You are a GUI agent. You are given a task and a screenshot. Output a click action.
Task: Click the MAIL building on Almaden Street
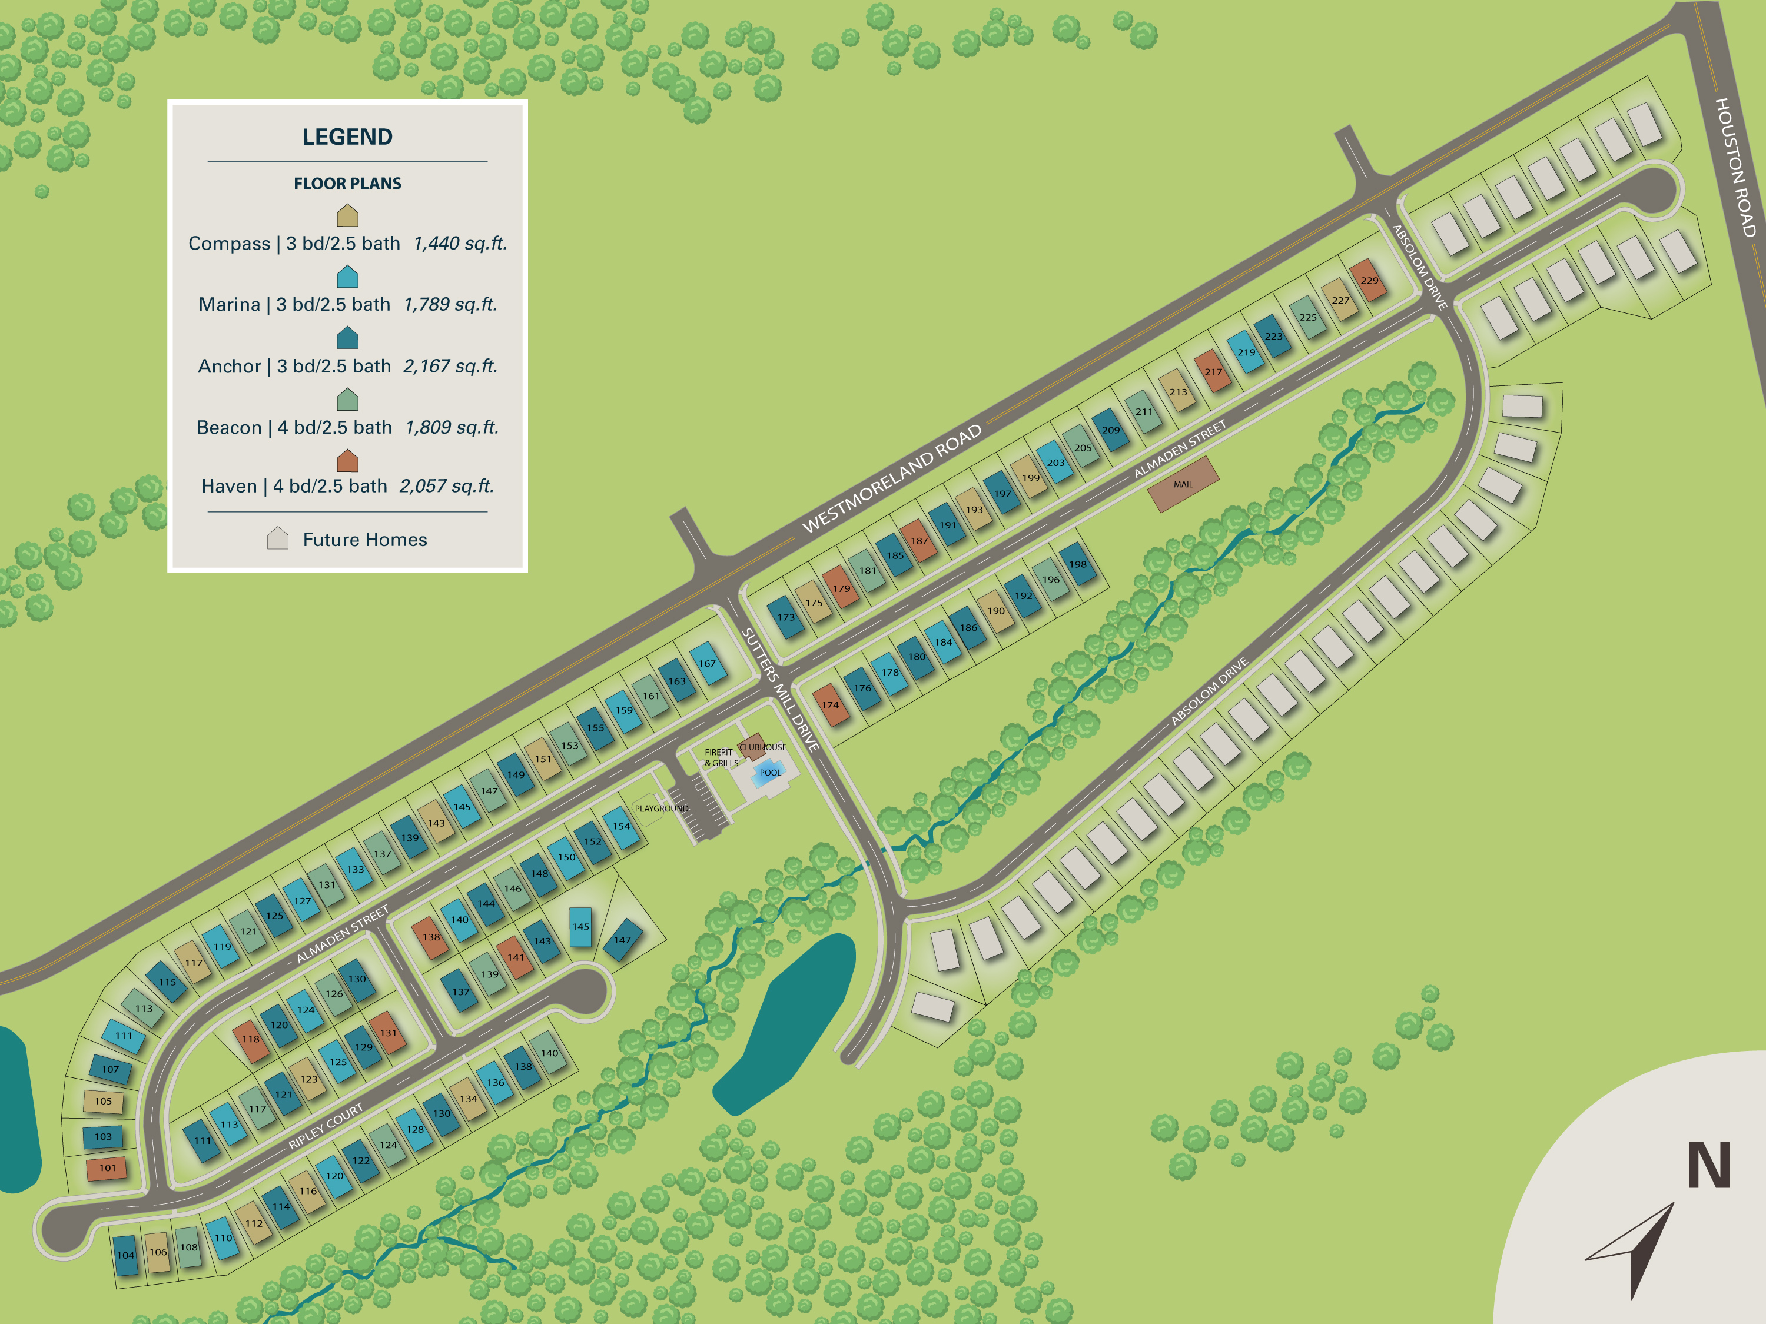click(1183, 484)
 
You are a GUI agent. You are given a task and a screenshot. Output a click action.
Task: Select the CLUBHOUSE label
click(762, 747)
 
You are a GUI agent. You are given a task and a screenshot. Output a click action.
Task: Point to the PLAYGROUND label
click(661, 809)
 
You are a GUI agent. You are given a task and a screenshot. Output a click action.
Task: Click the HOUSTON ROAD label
click(1735, 168)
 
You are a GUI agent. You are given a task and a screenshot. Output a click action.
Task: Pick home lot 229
click(1369, 280)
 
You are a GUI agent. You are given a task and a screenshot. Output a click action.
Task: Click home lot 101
click(107, 1167)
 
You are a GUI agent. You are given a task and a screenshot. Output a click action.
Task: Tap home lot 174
click(830, 705)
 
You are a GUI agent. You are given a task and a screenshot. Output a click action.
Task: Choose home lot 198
click(1078, 564)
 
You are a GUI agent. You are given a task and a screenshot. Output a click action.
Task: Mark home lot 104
click(125, 1255)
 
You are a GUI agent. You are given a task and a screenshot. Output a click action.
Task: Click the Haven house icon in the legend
click(347, 461)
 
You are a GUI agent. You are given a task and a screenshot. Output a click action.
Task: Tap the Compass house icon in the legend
click(347, 215)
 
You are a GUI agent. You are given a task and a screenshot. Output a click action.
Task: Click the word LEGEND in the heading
click(347, 137)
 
